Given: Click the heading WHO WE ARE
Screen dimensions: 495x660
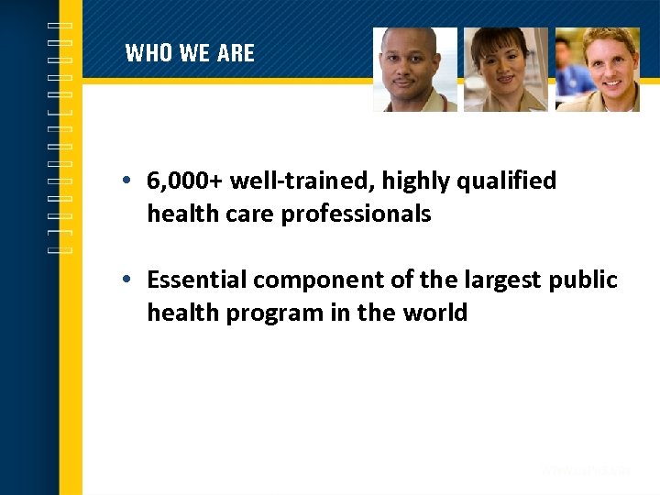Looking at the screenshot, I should coord(190,53).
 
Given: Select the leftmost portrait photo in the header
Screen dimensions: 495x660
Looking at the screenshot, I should coord(414,70).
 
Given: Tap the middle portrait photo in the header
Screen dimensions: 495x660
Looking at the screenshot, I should coord(505,70).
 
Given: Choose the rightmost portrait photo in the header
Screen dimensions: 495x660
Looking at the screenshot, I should coord(597,70).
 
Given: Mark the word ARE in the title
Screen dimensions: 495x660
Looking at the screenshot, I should coord(236,53).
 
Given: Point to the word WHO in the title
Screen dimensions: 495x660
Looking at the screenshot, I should coord(148,53).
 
